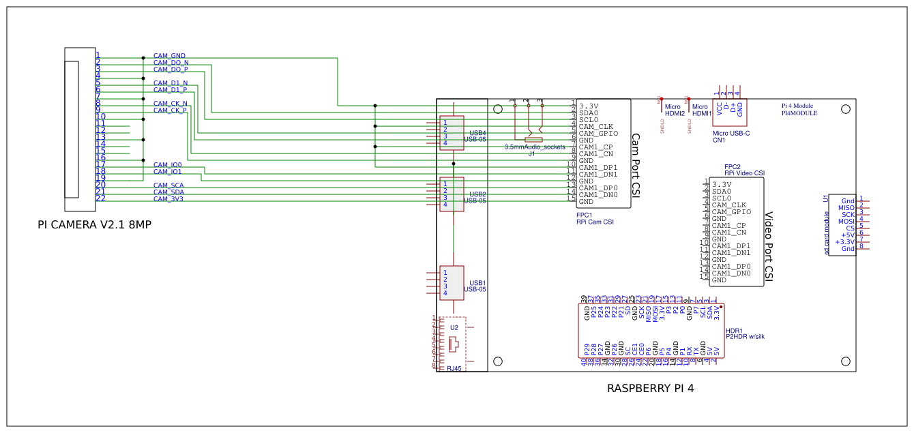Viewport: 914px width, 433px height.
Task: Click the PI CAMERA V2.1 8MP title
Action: tap(94, 224)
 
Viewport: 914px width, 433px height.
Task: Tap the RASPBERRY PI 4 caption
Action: tap(650, 389)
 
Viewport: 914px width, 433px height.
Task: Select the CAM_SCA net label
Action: tap(168, 185)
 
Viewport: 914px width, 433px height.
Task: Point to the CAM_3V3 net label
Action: tap(168, 199)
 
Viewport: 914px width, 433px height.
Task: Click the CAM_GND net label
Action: tap(169, 56)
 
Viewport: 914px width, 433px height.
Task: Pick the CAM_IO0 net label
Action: tap(167, 165)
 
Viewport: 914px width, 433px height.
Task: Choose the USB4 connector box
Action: tap(452, 132)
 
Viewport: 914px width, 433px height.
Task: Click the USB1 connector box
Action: tap(452, 282)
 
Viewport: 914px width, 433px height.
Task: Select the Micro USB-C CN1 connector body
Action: tap(729, 109)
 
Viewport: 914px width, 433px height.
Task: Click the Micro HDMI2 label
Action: tap(675, 110)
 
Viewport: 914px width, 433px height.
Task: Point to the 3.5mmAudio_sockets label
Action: tap(535, 147)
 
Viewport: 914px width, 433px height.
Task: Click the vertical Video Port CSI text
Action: tap(769, 245)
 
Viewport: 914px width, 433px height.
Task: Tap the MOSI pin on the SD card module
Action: tap(846, 222)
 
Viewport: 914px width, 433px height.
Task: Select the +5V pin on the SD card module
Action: tap(848, 235)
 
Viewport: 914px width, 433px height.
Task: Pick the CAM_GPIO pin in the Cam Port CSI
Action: tap(598, 134)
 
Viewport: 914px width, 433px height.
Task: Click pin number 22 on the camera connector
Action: tap(100, 198)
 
